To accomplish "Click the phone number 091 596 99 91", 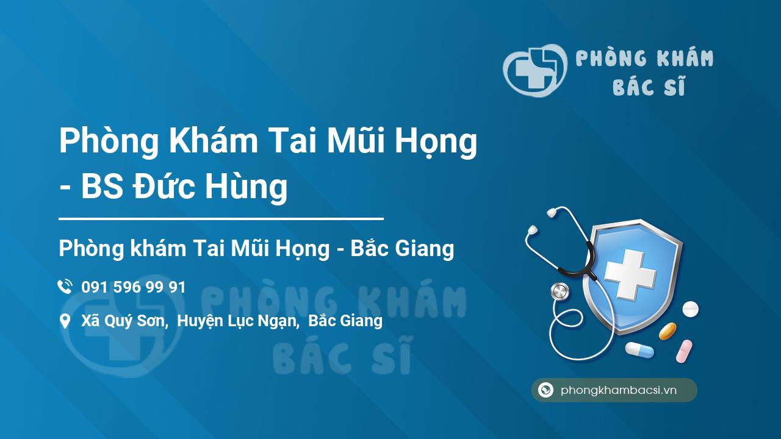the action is [x=134, y=287].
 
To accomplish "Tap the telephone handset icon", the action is [x=65, y=287].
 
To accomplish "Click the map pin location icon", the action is [x=65, y=321].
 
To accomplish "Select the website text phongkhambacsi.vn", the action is [x=619, y=390].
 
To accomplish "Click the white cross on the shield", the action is [x=630, y=274].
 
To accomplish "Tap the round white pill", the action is [x=690, y=309].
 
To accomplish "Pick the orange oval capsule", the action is [x=668, y=331].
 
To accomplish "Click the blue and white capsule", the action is [x=639, y=350].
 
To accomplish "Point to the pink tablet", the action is [x=684, y=351].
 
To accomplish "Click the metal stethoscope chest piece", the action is [x=560, y=291].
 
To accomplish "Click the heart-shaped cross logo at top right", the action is [x=535, y=70].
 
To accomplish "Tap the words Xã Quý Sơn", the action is [x=123, y=321].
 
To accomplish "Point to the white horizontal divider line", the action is [x=221, y=219].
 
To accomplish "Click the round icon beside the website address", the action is [x=545, y=390].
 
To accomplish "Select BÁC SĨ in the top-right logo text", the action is [x=649, y=86].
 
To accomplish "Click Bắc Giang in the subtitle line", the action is [x=402, y=248].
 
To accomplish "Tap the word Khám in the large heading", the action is [x=214, y=141].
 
